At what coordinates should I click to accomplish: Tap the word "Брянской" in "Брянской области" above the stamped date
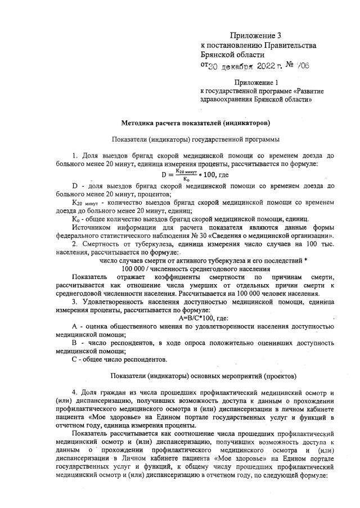click(217, 55)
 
